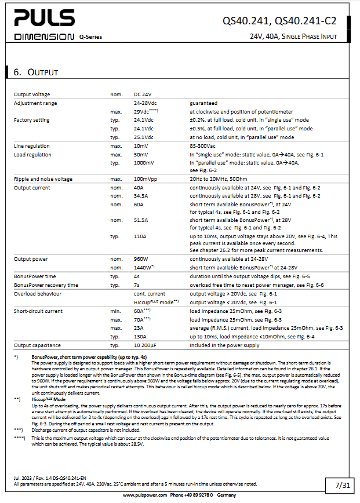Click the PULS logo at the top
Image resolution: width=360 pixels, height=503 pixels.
click(x=43, y=19)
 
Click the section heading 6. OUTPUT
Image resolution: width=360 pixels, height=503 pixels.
click(x=35, y=72)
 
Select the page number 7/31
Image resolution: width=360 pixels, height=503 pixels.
click(x=342, y=483)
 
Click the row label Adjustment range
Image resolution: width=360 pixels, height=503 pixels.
click(x=36, y=103)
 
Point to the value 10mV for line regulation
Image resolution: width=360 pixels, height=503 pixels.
click(x=142, y=146)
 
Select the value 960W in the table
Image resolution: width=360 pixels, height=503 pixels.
click(x=142, y=259)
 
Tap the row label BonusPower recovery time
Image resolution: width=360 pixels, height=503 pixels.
click(x=46, y=285)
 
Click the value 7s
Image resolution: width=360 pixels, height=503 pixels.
click(x=137, y=285)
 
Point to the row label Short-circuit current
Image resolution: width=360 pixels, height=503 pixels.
click(x=38, y=311)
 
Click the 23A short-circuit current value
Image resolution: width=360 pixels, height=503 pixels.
click(x=140, y=328)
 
